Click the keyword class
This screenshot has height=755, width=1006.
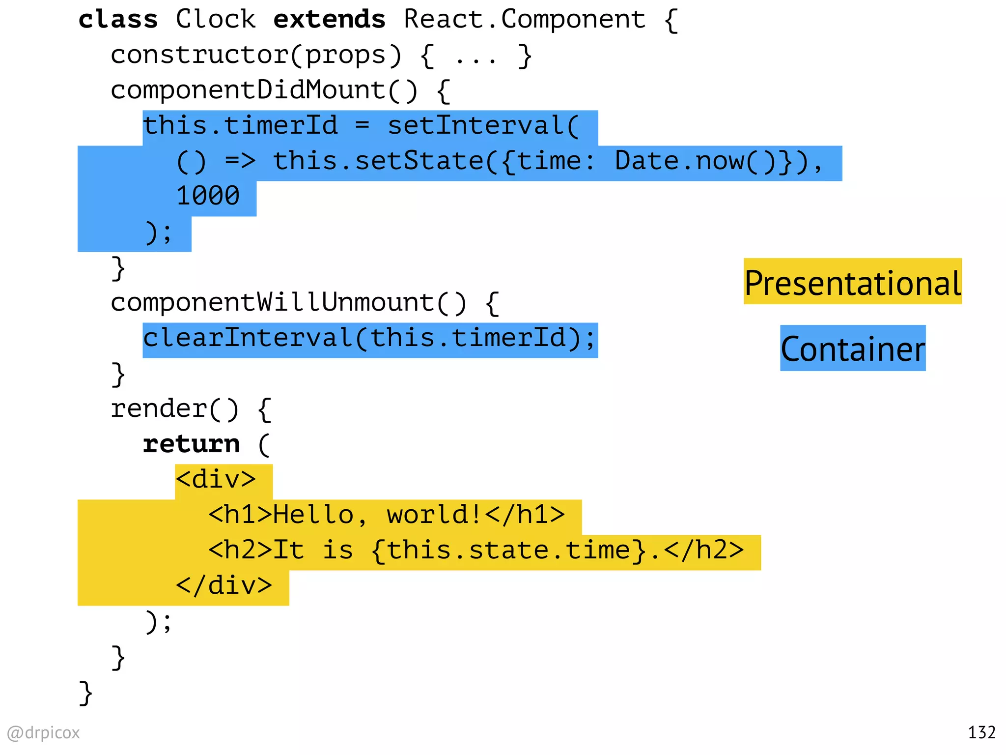point(118,20)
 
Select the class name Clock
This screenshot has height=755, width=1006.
point(216,20)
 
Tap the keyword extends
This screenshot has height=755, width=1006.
point(329,20)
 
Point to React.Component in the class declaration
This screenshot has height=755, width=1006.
point(524,20)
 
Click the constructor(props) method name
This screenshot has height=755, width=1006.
point(255,55)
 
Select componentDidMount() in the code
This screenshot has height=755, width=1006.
point(264,90)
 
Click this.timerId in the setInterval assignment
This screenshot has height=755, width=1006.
point(240,126)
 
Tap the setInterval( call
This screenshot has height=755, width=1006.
point(483,126)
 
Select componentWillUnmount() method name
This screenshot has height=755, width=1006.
point(288,303)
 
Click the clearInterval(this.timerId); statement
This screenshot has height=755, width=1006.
point(369,339)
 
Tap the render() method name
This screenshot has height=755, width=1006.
point(174,409)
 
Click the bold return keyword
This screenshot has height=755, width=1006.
point(191,444)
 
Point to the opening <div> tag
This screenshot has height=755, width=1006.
point(216,480)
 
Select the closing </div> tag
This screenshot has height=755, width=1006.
point(224,586)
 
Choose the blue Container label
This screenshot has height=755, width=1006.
point(852,349)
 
